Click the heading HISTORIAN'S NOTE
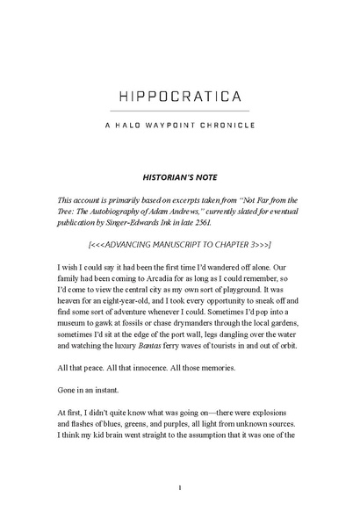coord(179,176)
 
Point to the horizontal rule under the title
coord(179,111)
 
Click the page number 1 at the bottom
coord(179,488)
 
